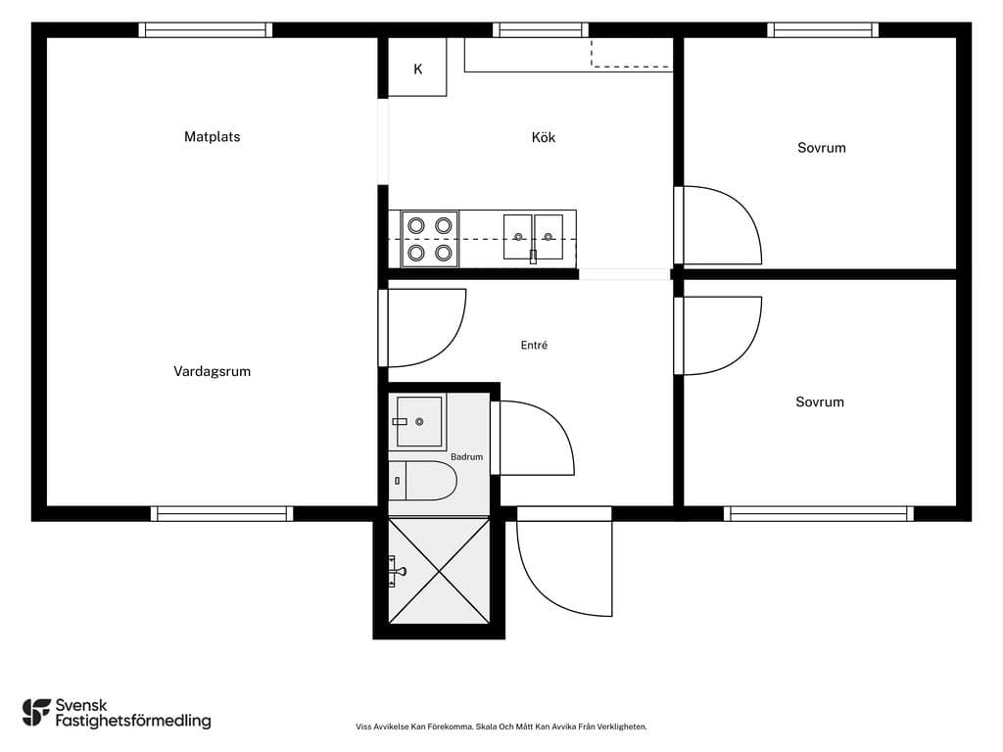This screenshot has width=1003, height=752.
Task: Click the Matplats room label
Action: pos(212,136)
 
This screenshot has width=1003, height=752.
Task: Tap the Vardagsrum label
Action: pos(212,371)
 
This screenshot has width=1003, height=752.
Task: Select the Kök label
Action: pos(543,137)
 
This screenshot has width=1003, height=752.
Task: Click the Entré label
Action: pos(534,346)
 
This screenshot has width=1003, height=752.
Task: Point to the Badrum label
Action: pos(466,456)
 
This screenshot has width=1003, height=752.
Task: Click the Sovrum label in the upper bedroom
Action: pos(822,148)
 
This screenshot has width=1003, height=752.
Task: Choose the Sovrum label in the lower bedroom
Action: pos(820,401)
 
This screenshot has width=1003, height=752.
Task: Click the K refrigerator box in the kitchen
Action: pos(417,68)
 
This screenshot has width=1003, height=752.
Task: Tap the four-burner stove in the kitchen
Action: pos(429,239)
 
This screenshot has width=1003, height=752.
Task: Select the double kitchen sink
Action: pos(533,237)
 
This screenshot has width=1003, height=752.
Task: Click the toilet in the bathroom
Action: pos(423,480)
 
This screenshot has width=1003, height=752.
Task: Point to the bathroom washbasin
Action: pos(418,421)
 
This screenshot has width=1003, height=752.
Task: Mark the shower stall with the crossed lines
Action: pos(439,571)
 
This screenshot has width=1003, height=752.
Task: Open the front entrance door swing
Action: pos(564,563)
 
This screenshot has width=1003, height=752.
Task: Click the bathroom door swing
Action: pos(533,438)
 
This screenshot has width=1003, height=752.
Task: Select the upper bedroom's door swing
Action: pos(718,225)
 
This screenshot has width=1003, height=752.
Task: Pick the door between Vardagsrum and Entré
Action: pos(423,328)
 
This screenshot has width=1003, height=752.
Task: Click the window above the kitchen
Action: pos(541,30)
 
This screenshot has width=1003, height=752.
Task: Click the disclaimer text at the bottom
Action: pos(501,727)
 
